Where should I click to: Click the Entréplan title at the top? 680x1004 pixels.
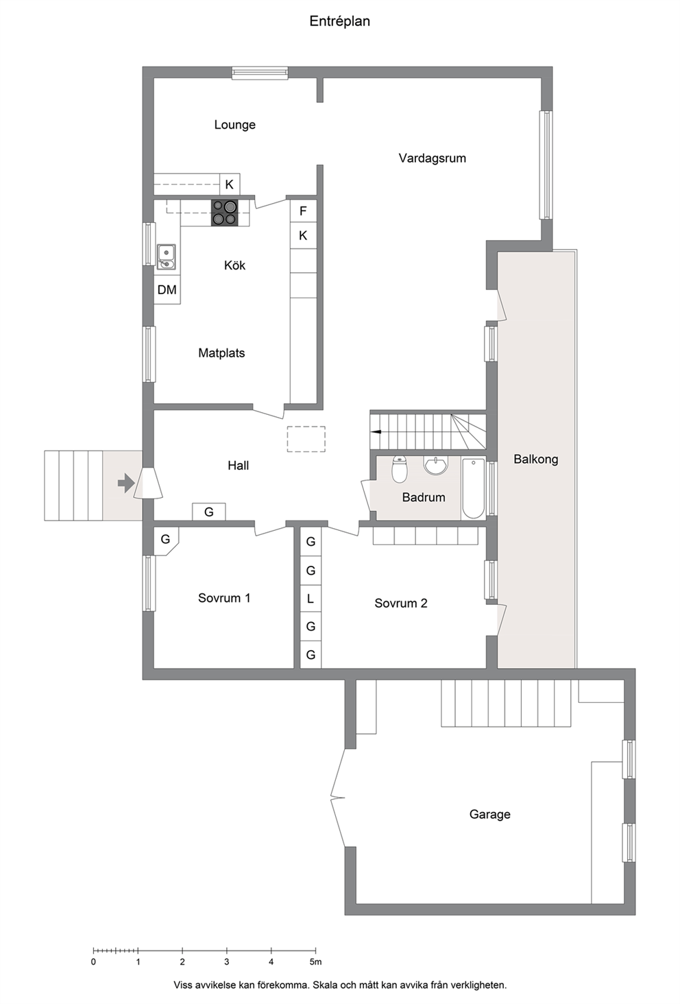(339, 21)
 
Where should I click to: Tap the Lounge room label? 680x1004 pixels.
(234, 125)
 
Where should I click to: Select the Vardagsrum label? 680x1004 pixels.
(433, 158)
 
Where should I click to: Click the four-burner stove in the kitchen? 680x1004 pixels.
(224, 213)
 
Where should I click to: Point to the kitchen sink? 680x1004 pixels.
(166, 257)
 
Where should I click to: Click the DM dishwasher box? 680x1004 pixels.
(167, 289)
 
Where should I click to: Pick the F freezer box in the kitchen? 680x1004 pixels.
(303, 211)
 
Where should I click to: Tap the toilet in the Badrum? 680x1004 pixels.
(399, 469)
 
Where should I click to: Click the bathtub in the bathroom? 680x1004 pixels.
(473, 488)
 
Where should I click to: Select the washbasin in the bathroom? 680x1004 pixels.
(435, 465)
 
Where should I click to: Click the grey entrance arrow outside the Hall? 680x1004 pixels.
(126, 483)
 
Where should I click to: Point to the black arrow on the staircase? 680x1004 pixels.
(376, 431)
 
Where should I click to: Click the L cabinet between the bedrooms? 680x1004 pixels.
(311, 599)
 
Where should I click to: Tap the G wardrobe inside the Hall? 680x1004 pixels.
(209, 512)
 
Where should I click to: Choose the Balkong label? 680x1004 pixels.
(536, 459)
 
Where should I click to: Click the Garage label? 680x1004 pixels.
(489, 815)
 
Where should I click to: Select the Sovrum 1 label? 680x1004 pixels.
(224, 598)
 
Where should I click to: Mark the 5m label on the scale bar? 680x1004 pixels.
(316, 961)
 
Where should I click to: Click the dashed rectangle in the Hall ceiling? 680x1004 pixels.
(306, 439)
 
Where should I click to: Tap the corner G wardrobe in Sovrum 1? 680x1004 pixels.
(165, 540)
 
